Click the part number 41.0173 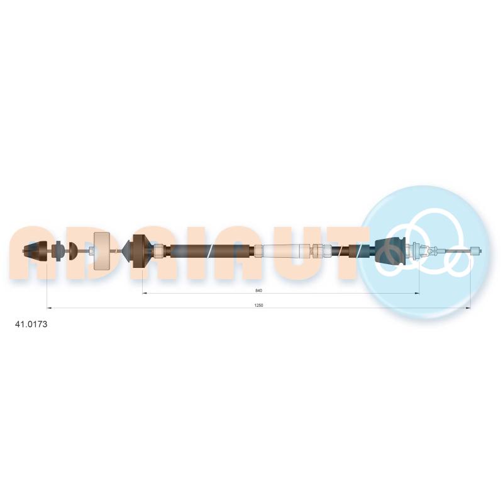pyautogui.click(x=31, y=324)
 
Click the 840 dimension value pyautogui.click(x=258, y=290)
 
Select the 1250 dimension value pyautogui.click(x=258, y=305)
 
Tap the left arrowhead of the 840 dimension pyautogui.click(x=145, y=293)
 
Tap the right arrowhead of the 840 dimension pyautogui.click(x=417, y=293)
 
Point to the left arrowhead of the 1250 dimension pyautogui.click(x=49, y=308)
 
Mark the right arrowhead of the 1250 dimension pyautogui.click(x=468, y=308)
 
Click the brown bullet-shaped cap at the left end pyautogui.click(x=36, y=250)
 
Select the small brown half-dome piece pyautogui.click(x=73, y=250)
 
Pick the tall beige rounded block pyautogui.click(x=101, y=250)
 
